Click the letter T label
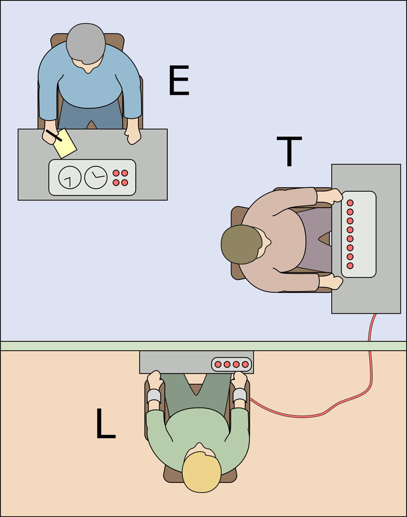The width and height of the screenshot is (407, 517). (288, 151)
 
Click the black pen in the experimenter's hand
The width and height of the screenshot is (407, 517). (54, 135)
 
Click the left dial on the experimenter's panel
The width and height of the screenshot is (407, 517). (70, 178)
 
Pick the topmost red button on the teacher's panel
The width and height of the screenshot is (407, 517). (350, 203)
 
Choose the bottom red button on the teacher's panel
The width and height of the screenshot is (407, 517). (350, 266)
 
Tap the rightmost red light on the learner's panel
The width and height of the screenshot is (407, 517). (245, 364)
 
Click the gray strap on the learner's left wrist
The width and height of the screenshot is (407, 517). (154, 396)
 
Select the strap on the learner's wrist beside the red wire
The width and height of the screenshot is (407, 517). (240, 395)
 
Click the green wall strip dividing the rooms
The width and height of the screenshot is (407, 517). (76, 346)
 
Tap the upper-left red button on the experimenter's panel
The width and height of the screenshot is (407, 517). (115, 173)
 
